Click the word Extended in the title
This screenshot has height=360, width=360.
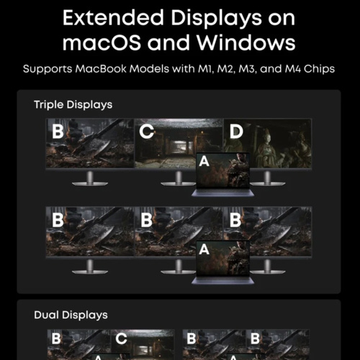click(113, 17)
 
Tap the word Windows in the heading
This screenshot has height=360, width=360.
click(246, 42)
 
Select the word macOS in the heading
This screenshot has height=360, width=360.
click(102, 43)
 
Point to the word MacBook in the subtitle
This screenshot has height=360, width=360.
click(101, 69)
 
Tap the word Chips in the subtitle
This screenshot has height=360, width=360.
click(319, 69)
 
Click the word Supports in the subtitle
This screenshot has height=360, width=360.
click(48, 69)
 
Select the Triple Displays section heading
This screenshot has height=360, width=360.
click(73, 104)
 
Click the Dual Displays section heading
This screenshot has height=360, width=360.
click(71, 315)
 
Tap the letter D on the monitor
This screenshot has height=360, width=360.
click(236, 132)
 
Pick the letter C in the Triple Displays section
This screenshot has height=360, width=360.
click(146, 132)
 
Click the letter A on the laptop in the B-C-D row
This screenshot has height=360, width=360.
click(204, 161)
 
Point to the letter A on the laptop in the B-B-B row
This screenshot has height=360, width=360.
click(204, 249)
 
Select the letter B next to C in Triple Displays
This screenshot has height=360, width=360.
click(58, 132)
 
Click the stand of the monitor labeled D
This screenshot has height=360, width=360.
click(267, 179)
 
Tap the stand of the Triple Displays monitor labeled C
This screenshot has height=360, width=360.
click(178, 179)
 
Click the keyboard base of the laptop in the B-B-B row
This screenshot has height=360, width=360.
click(222, 281)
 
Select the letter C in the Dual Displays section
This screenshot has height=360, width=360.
click(121, 338)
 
